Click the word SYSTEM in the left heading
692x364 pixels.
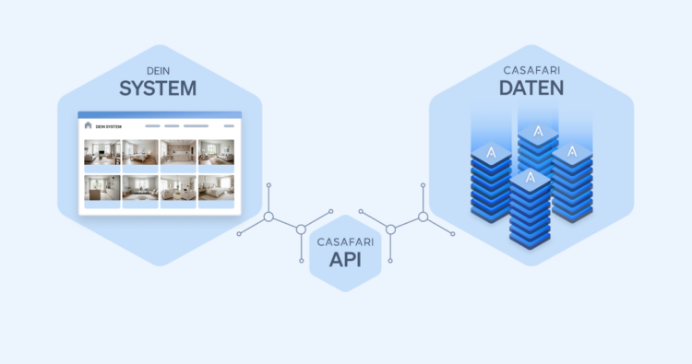158,88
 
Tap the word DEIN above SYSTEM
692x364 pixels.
159,69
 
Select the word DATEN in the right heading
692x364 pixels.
531,88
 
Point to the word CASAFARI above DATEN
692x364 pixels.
531,69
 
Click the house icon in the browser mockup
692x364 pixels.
88,125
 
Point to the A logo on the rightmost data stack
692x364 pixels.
572,151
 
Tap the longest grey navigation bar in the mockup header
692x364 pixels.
196,125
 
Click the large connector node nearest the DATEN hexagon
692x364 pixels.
423,217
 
